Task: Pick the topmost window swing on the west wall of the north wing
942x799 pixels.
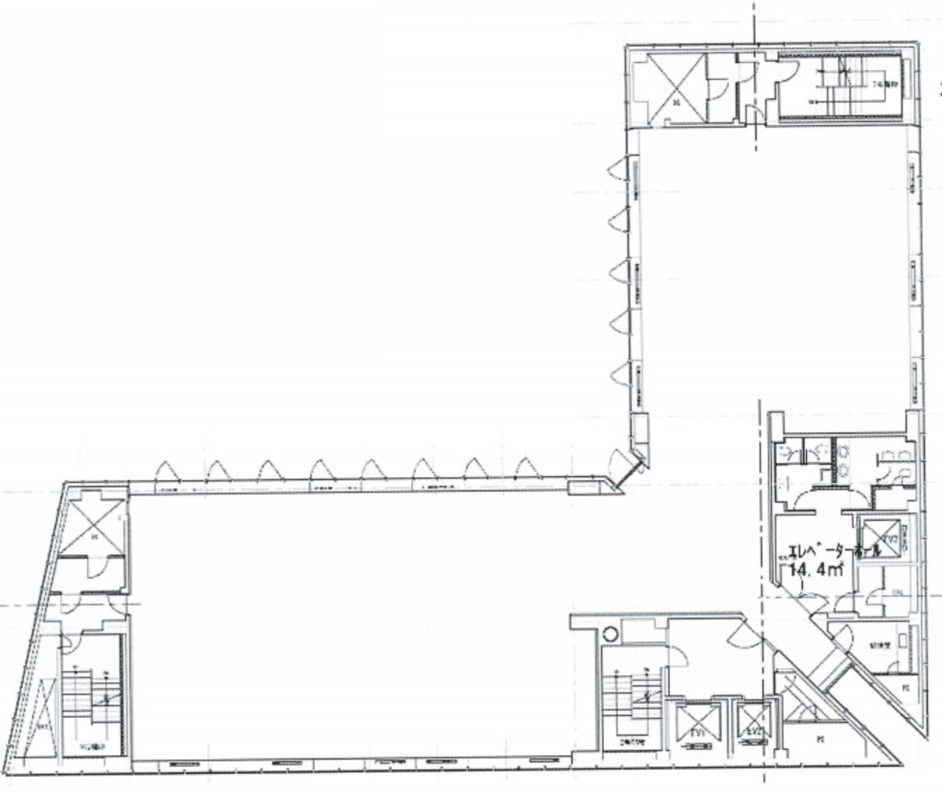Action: tap(618, 167)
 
